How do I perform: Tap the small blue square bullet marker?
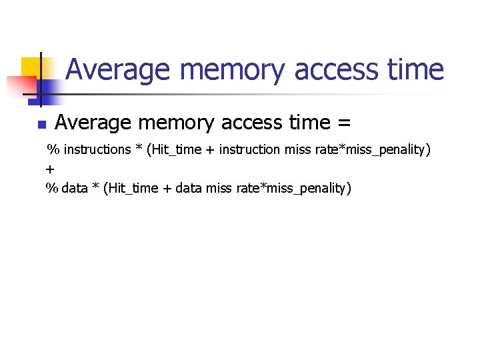tap(41, 125)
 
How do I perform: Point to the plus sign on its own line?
tap(50, 169)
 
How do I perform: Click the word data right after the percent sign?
tap(75, 189)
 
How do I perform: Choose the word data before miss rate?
tap(189, 189)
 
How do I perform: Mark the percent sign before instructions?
tap(52, 149)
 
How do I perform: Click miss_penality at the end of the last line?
tap(306, 189)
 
